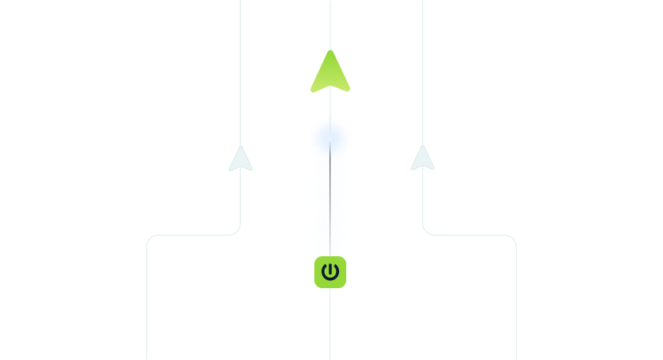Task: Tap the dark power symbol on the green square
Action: tap(330, 272)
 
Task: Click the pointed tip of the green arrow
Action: tap(327, 54)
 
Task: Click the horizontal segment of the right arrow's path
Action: tap(471, 237)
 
